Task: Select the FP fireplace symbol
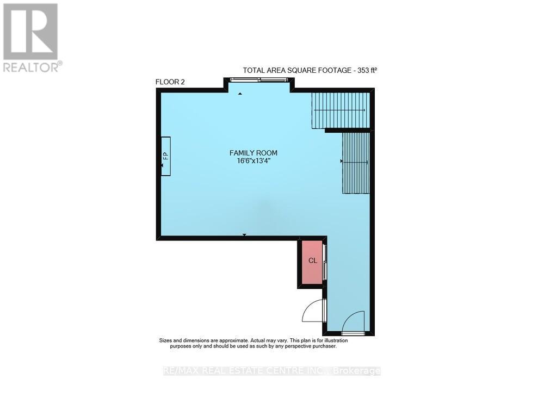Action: (x=165, y=156)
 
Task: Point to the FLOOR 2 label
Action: (x=170, y=82)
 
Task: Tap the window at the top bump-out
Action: (x=259, y=80)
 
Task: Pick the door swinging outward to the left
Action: (x=313, y=311)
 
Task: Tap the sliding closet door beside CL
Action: (x=325, y=262)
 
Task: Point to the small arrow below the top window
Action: (x=240, y=94)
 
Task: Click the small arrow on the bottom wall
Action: (x=244, y=234)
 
